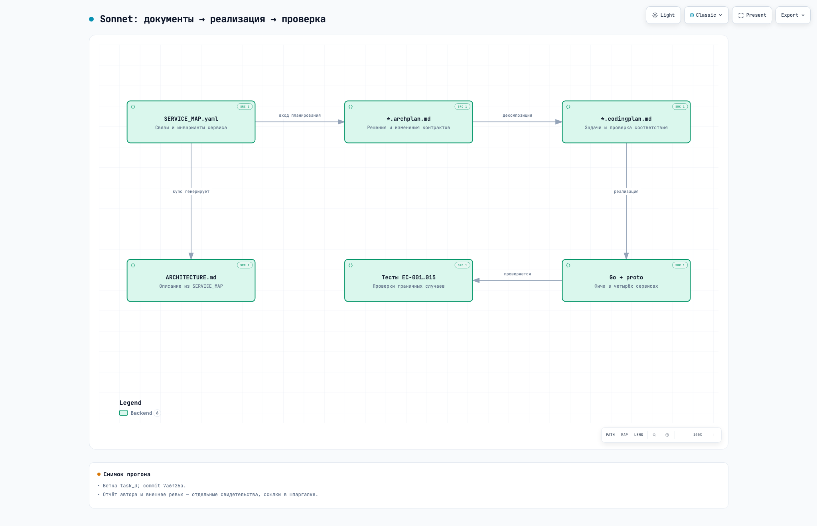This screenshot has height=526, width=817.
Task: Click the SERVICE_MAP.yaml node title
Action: click(191, 119)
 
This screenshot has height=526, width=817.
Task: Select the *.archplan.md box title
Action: click(408, 119)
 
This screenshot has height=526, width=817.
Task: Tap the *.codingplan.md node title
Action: click(626, 119)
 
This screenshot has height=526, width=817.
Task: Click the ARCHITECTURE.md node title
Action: click(191, 277)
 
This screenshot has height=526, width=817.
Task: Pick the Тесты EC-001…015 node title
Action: click(408, 277)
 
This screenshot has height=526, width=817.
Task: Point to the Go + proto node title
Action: click(626, 277)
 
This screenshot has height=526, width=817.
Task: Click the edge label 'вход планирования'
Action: click(300, 116)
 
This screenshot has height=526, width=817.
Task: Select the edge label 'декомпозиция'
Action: click(517, 116)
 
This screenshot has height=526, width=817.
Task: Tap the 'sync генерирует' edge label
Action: click(191, 192)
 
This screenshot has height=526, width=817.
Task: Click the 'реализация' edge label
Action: click(626, 192)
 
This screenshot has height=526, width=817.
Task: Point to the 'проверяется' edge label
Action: click(517, 274)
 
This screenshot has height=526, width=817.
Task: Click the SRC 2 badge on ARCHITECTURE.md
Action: click(245, 265)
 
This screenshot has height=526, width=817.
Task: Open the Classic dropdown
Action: click(706, 15)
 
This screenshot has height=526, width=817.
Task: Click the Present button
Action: click(752, 15)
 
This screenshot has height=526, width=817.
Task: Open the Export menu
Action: click(793, 15)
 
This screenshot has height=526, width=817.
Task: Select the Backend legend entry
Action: click(140, 413)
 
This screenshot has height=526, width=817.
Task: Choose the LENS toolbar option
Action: click(638, 435)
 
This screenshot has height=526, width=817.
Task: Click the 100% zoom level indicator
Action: click(697, 435)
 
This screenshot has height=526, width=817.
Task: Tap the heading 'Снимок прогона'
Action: click(127, 474)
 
